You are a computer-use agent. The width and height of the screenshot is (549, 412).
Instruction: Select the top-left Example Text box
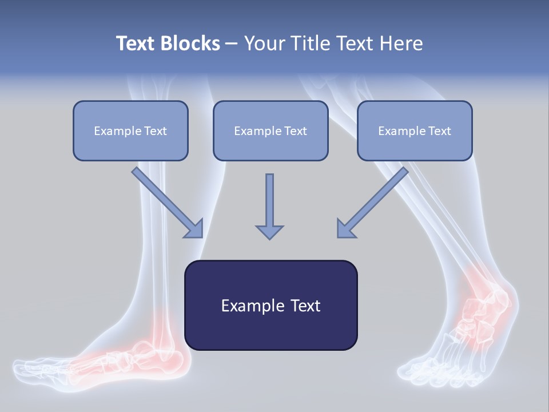tap(130, 130)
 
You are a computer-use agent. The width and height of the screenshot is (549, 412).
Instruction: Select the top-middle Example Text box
tap(270, 130)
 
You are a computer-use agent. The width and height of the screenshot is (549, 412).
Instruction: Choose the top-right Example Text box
tap(415, 130)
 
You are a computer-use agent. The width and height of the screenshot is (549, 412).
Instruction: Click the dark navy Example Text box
tap(270, 305)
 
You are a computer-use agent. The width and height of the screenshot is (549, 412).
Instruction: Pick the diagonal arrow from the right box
tap(372, 203)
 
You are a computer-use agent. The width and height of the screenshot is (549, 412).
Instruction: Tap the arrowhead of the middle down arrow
tap(269, 231)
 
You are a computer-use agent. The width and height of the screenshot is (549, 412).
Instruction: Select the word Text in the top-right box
tap(439, 131)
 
